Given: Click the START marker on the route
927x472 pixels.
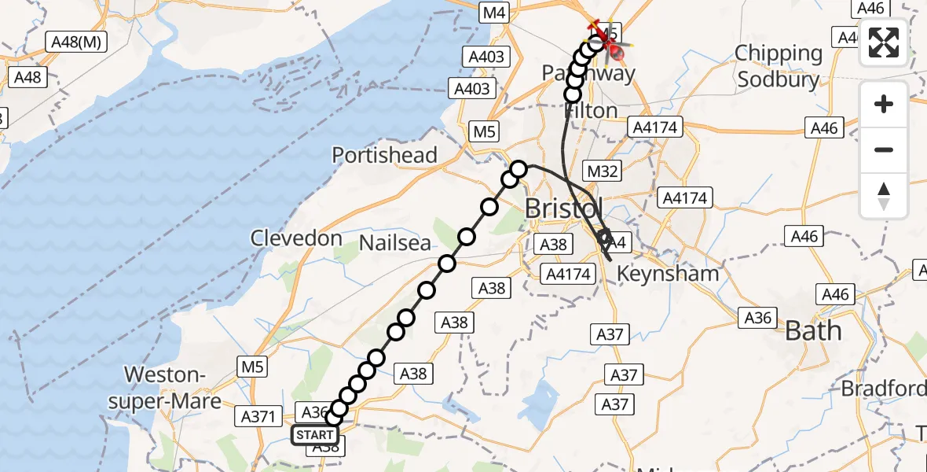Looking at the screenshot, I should click(316, 434).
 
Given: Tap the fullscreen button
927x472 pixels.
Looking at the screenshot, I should click(884, 42).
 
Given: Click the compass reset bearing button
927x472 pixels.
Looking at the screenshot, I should click(884, 195).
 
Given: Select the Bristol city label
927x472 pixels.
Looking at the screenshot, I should click(563, 209).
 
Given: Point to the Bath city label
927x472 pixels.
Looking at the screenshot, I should click(813, 331).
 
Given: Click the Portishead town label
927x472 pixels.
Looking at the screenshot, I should click(384, 155).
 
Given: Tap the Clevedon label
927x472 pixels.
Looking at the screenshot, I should click(296, 238).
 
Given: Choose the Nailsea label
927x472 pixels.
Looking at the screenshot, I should click(395, 243).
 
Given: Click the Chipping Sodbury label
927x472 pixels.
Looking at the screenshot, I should click(778, 67).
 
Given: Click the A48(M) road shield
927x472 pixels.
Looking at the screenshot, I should click(77, 42).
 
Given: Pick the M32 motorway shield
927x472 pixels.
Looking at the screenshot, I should click(599, 171).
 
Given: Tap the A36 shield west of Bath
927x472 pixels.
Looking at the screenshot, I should click(758, 317).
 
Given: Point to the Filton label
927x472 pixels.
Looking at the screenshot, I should click(591, 112).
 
